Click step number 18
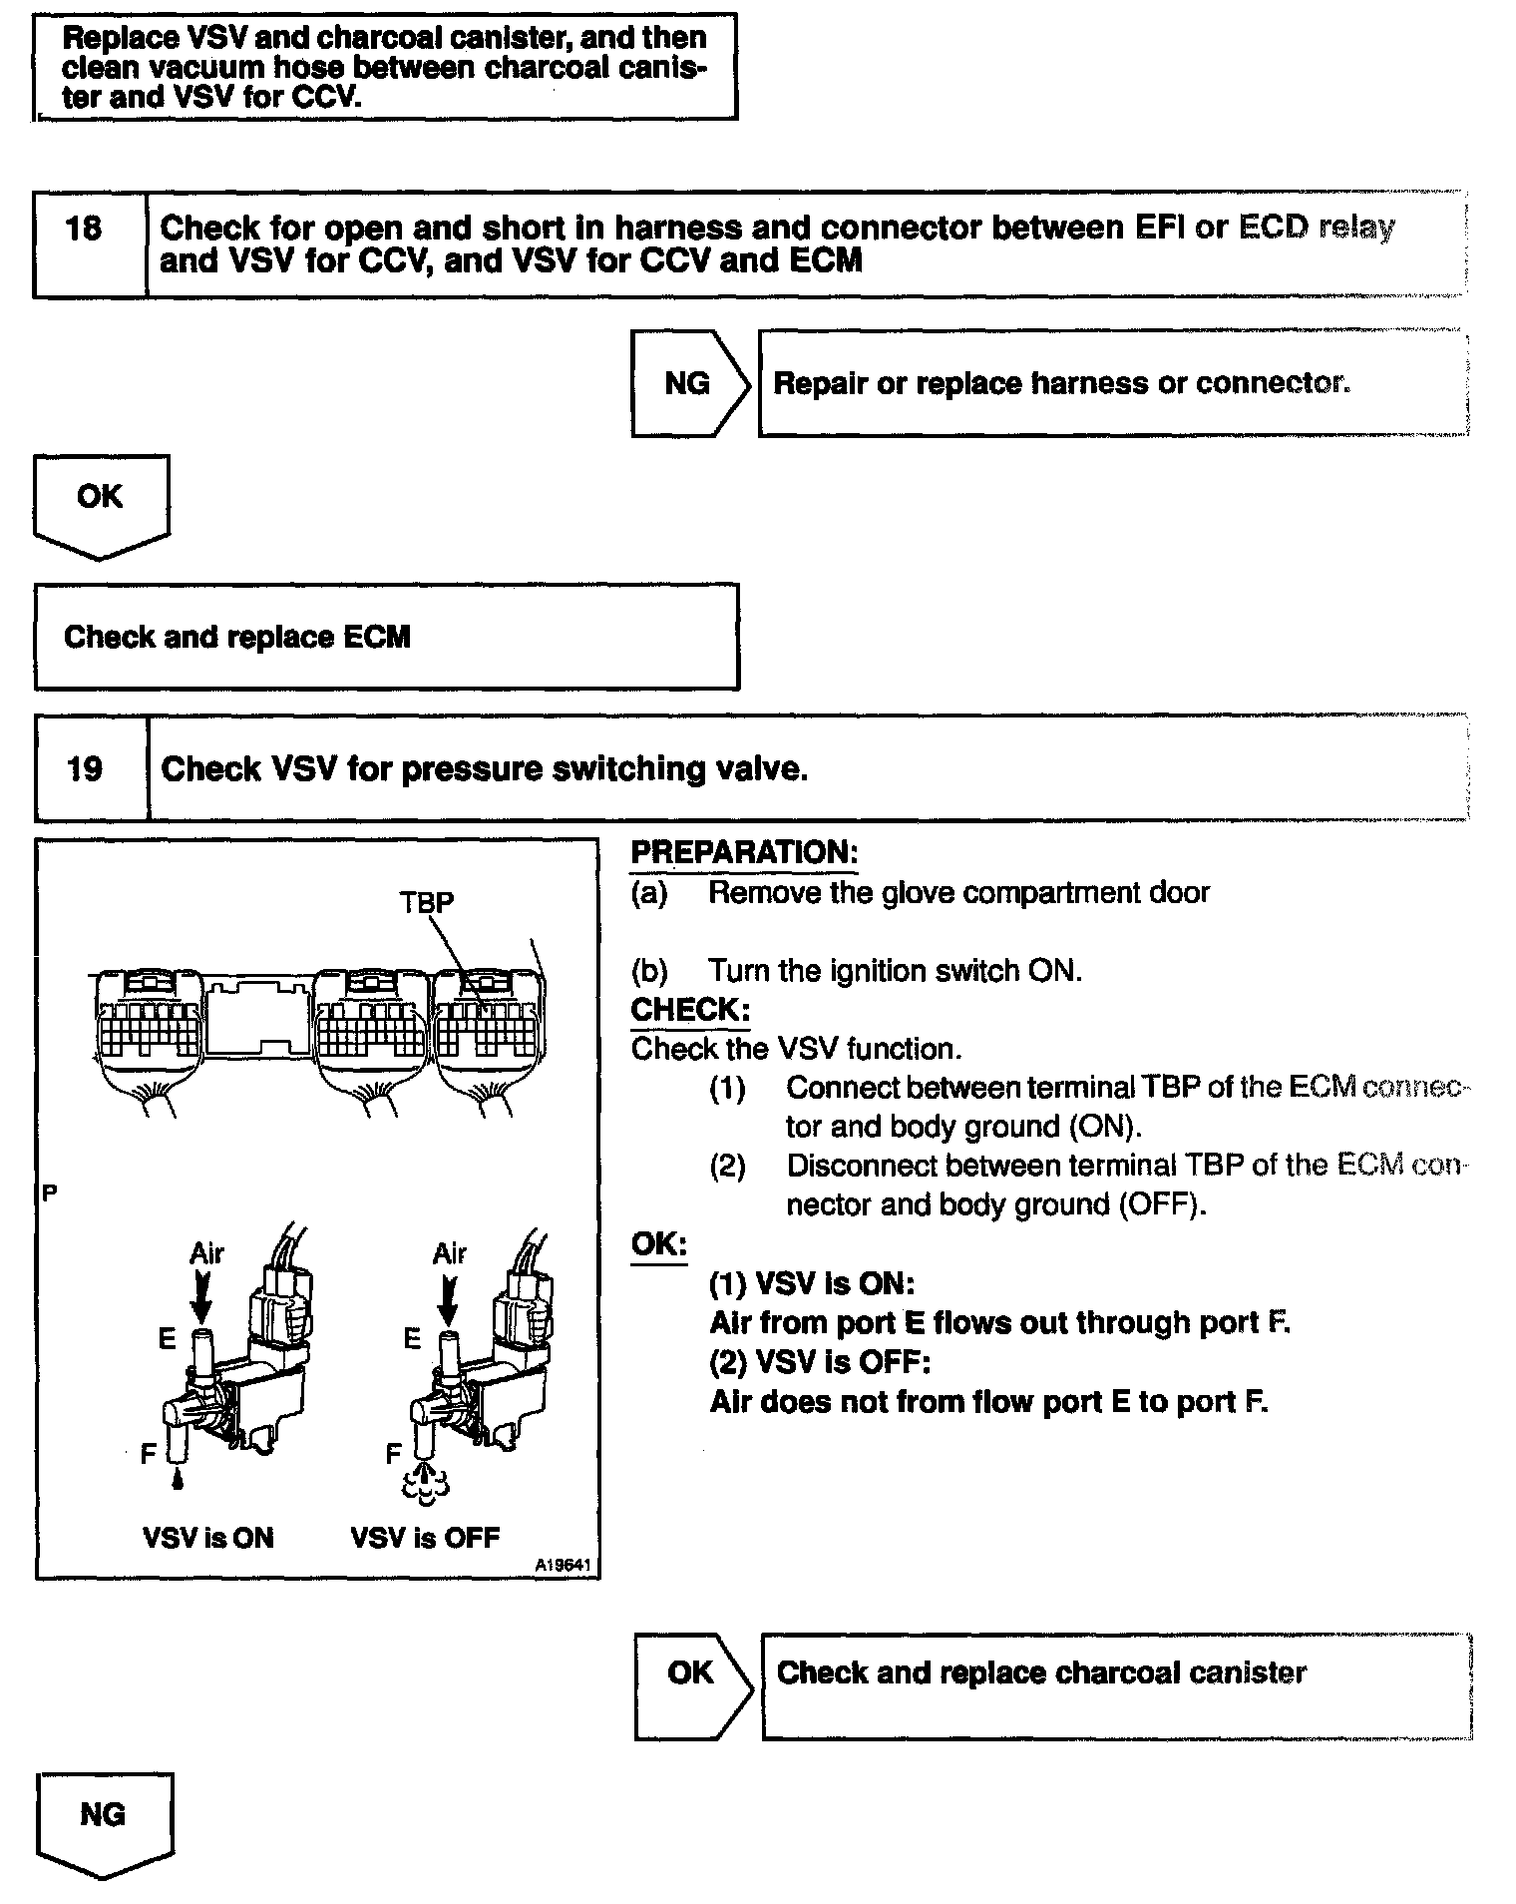point(84,230)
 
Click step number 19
point(84,769)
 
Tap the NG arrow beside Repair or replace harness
point(688,384)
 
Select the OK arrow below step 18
point(100,498)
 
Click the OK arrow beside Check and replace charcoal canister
point(691,1673)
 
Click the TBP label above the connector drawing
point(427,902)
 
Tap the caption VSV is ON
point(208,1538)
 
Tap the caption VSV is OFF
point(425,1538)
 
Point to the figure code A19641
point(565,1567)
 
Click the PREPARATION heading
point(744,853)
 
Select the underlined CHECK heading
point(690,1010)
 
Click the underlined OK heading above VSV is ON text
point(659,1244)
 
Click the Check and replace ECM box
point(386,637)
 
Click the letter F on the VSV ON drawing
point(149,1455)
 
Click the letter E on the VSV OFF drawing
point(412,1340)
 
